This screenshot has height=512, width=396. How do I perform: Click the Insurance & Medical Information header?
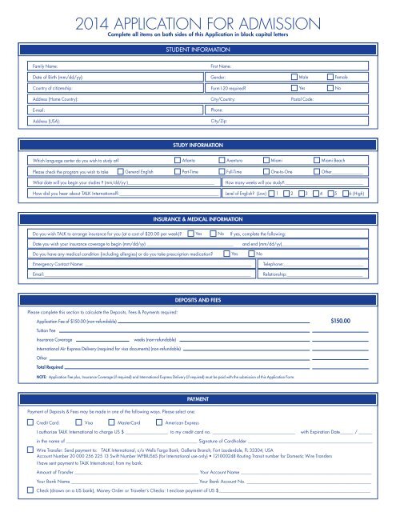click(x=198, y=218)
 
